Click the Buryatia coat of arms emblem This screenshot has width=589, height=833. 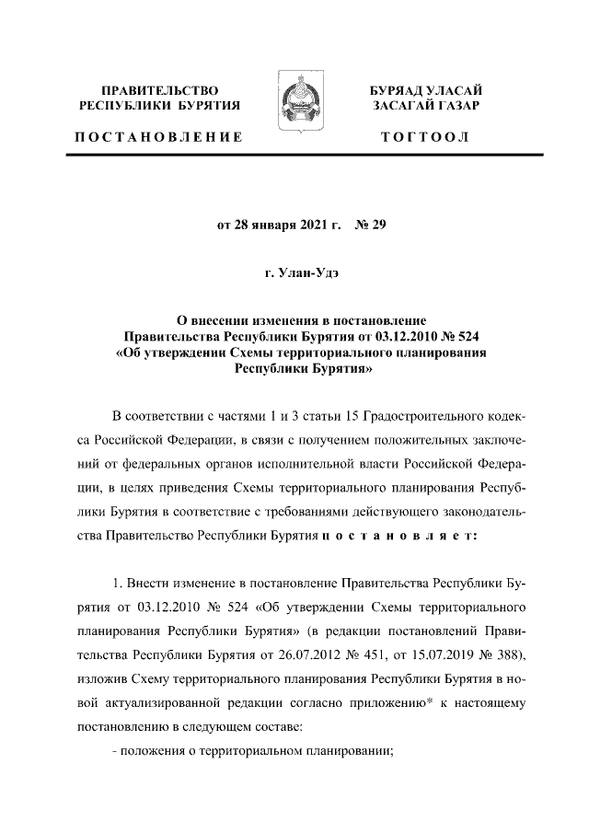coord(294,110)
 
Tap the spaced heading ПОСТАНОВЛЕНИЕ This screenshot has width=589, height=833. coord(158,137)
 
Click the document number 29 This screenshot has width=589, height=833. coord(375,224)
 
